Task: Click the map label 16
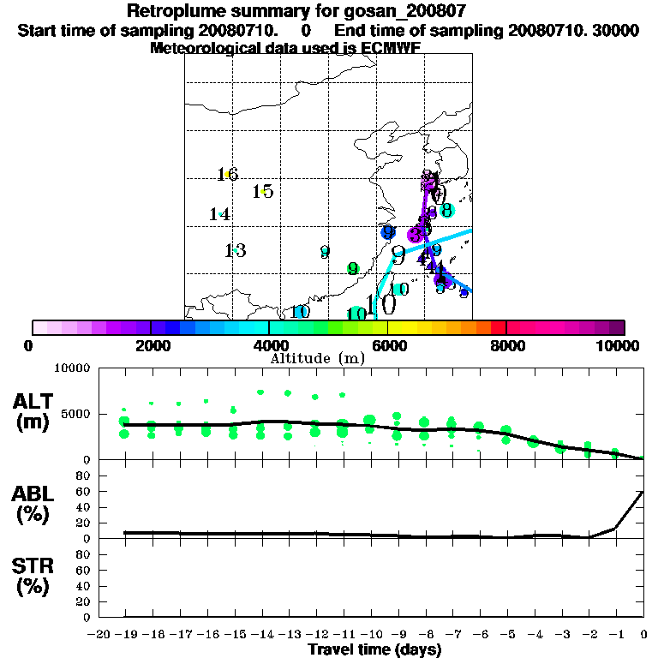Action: coord(227,175)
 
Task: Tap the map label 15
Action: coord(263,191)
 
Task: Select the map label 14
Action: coord(220,214)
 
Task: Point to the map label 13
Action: coord(236,251)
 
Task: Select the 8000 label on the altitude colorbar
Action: coord(507,346)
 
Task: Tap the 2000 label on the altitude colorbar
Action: coord(151,346)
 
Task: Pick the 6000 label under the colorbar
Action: coord(388,346)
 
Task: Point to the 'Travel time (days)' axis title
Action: coord(374,649)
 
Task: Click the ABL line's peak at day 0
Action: coord(643,492)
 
